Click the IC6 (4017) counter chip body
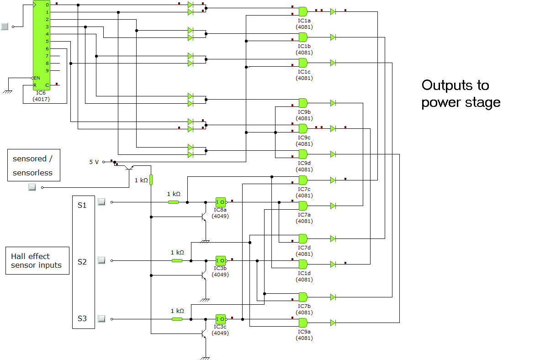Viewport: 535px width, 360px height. pos(41,45)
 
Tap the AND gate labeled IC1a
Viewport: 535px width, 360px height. pos(303,11)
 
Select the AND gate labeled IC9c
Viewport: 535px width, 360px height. pos(303,129)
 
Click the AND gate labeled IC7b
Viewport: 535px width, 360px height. pos(303,297)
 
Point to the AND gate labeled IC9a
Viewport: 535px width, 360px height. pos(303,323)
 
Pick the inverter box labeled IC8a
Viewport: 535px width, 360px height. pos(221,202)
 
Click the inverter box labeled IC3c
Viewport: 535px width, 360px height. pos(221,319)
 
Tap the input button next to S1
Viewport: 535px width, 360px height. pos(101,202)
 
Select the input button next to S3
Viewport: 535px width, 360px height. pos(101,319)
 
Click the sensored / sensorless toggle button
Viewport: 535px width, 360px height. pos(32,187)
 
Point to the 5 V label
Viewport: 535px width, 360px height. pos(94,162)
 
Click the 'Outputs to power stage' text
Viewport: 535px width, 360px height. pos(461,94)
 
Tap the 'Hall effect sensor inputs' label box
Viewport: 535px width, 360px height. pos(37,261)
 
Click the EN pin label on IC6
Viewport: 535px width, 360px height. pos(37,78)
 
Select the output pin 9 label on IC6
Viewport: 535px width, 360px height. pos(48,71)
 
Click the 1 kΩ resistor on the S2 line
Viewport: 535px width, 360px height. pos(177,261)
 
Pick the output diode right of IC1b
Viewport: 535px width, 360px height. pos(333,37)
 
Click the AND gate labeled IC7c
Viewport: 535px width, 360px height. pos(303,180)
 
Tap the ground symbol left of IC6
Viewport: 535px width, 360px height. pos(7,91)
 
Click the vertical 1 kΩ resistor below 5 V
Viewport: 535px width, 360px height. pos(151,180)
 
